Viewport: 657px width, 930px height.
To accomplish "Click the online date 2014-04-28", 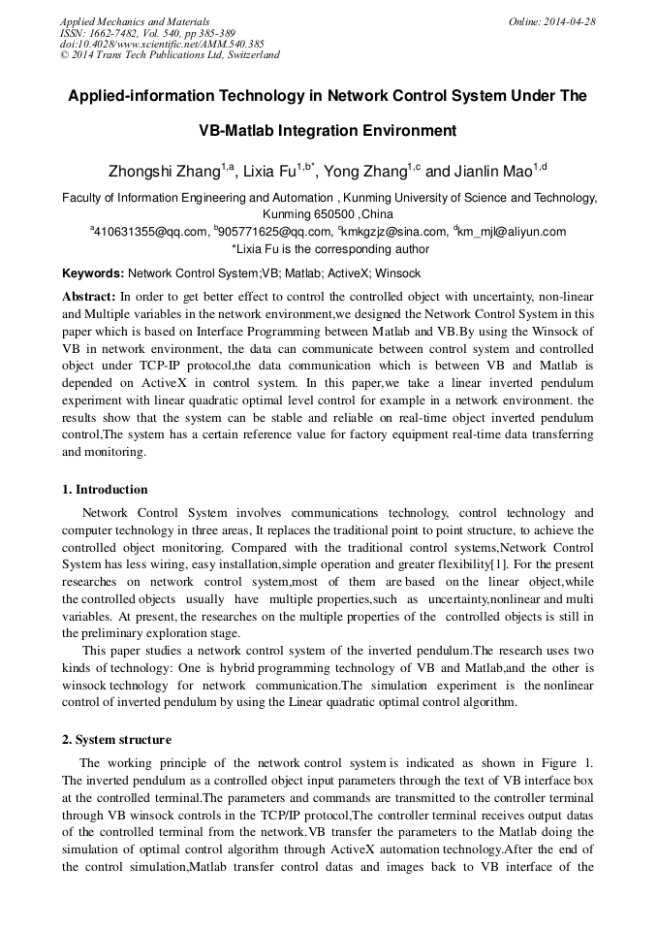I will tap(571, 21).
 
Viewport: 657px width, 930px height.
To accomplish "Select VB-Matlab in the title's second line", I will tap(241, 130).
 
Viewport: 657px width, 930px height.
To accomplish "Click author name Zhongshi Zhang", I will tap(162, 173).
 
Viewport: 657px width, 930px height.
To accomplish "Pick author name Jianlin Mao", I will tap(490, 173).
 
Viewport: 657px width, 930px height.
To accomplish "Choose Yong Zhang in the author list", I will tap(363, 173).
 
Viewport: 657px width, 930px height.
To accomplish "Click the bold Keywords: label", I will tap(93, 274).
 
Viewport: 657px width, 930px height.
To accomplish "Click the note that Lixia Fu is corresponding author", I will tap(330, 249).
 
